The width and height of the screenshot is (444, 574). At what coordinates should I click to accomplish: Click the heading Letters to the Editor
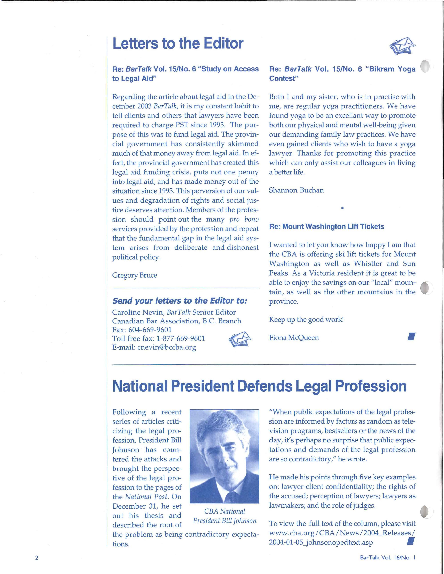(178, 43)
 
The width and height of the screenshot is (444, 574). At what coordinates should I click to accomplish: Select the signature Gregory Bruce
(135, 275)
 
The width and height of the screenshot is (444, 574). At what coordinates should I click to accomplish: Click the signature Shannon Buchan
(296, 190)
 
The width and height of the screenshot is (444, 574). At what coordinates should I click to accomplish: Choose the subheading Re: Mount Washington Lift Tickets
(327, 227)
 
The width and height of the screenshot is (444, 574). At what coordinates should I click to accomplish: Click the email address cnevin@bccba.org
(167, 347)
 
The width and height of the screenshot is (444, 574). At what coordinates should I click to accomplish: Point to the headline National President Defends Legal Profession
(259, 386)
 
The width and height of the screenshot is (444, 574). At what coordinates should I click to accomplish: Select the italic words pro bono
(244, 219)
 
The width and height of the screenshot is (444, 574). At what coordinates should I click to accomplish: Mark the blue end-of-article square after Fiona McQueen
(411, 337)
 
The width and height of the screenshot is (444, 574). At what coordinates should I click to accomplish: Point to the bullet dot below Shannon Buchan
(342, 208)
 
